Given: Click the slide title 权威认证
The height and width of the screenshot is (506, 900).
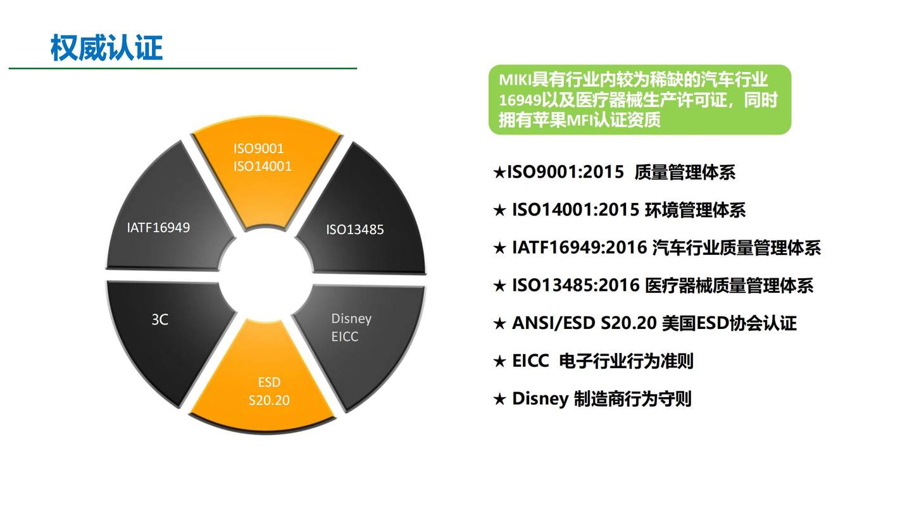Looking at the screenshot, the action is pos(106,48).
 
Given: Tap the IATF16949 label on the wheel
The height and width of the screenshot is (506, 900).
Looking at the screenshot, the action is pos(158,228).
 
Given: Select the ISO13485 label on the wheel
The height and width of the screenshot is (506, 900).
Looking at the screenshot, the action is pos(355,230).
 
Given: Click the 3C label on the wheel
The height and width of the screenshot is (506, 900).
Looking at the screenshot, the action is pos(160,319).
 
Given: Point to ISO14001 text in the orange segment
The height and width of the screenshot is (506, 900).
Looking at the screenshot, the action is pos(263,166).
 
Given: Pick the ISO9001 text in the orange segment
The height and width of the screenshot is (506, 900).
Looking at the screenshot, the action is pos(258,149).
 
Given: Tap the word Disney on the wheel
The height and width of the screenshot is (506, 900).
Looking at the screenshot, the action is pos(351,319).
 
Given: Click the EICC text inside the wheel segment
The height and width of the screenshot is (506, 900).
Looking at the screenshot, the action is pos(345,336).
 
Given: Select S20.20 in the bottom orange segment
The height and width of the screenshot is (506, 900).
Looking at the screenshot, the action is pos(269,400).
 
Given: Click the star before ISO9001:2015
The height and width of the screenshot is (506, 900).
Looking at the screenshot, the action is pos(499,173).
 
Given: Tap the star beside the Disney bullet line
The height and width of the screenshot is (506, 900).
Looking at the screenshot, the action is pos(499,399).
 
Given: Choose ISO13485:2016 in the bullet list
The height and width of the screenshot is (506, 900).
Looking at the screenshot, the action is pos(576,285).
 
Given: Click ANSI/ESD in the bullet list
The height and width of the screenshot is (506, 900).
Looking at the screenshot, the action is pos(553,323).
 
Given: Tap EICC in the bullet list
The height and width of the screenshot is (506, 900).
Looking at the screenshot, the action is pos(530,361).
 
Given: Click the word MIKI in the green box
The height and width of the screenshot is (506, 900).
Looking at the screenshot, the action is pos(515,80).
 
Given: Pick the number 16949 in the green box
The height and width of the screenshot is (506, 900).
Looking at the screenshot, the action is pos(520,100).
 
